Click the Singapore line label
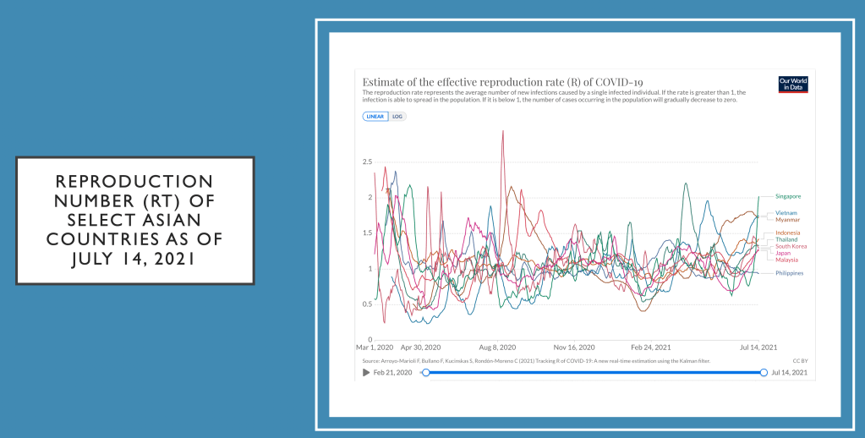tap(788, 196)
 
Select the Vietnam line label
tap(786, 212)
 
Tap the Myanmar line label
tap(787, 219)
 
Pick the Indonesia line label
tap(788, 233)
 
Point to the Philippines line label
tap(789, 273)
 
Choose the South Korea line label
tap(791, 246)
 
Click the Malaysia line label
tap(787, 260)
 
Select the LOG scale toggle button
tap(397, 117)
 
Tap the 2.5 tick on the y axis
tap(367, 162)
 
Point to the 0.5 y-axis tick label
tap(367, 304)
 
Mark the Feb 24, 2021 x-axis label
tap(651, 347)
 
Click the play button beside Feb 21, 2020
tap(366, 372)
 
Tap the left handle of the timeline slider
tap(425, 372)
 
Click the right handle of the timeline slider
tap(764, 372)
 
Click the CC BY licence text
tap(800, 361)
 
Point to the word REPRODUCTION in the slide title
tap(134, 182)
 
